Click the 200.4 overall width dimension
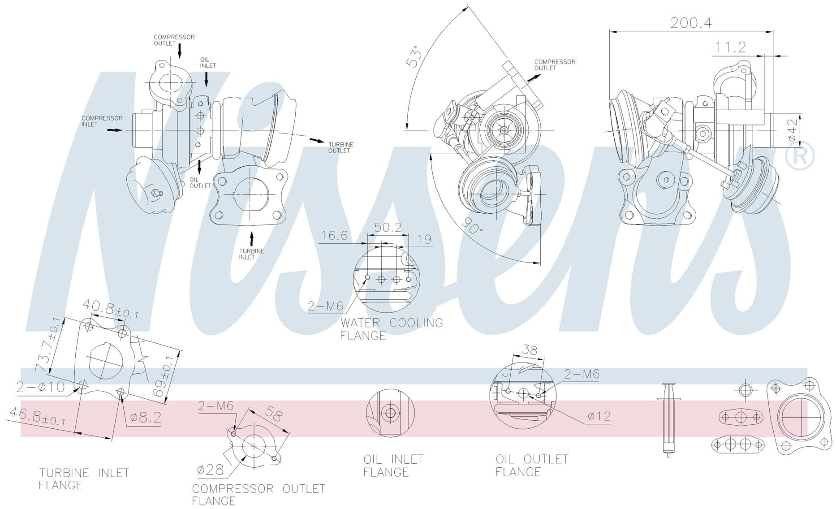click(691, 22)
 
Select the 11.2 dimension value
click(730, 47)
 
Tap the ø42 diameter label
click(793, 129)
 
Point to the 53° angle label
click(414, 56)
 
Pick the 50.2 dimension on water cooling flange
click(388, 228)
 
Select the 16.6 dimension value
click(334, 235)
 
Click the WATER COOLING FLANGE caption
click(392, 329)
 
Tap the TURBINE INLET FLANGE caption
click(84, 479)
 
